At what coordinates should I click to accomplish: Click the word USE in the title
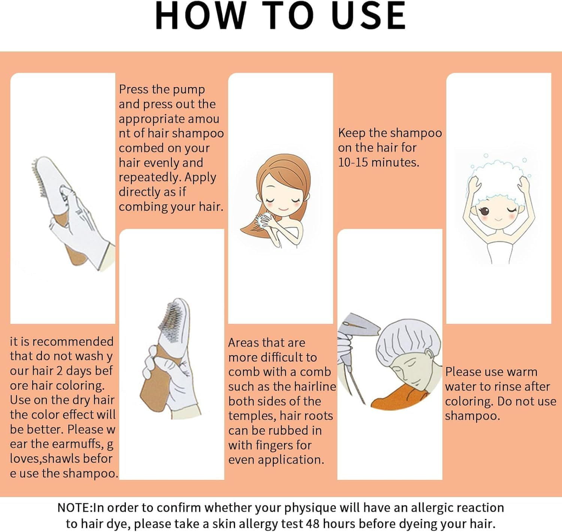point(369,15)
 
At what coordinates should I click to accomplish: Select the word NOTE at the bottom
point(74,508)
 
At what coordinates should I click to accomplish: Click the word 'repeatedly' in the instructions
point(150,178)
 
